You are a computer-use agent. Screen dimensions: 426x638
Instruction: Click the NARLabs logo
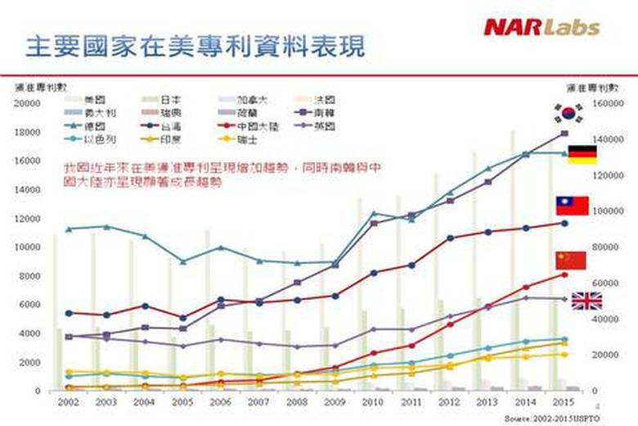click(x=541, y=27)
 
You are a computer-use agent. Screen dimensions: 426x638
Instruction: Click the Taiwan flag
click(x=572, y=205)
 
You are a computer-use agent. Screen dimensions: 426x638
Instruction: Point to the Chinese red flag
click(x=571, y=260)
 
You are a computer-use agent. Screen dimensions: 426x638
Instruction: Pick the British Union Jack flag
click(x=586, y=301)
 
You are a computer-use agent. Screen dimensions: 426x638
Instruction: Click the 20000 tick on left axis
click(x=27, y=103)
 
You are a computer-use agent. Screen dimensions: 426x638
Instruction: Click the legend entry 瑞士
click(x=248, y=139)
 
